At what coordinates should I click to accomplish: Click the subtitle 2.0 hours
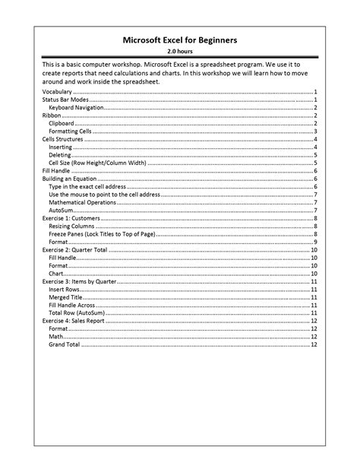pyautogui.click(x=180, y=52)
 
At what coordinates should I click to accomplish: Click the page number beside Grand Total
pyautogui.click(x=314, y=344)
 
